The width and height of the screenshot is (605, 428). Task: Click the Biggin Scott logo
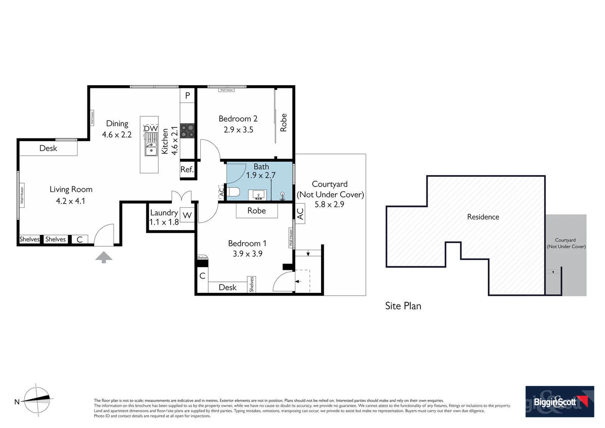(559, 401)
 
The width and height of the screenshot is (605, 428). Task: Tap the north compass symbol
(37, 400)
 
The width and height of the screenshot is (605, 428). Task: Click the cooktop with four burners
(187, 131)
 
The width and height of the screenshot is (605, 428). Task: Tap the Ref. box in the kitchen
(187, 170)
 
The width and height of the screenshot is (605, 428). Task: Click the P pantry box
(188, 96)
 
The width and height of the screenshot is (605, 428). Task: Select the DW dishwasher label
(150, 128)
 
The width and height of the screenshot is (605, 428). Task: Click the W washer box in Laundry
(187, 215)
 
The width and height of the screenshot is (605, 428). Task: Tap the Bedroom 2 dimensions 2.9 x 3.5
(238, 130)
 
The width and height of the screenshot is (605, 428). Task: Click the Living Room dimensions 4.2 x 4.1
(70, 201)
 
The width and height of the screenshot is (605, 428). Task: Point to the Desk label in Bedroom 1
(227, 287)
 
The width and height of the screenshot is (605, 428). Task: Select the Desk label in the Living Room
(48, 148)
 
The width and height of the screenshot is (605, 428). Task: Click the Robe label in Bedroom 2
(283, 122)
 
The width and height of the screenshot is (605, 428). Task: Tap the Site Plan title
(403, 306)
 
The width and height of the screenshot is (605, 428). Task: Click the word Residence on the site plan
(483, 217)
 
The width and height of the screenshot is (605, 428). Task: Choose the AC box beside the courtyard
(300, 214)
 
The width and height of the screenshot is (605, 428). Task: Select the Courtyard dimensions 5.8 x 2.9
(329, 204)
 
